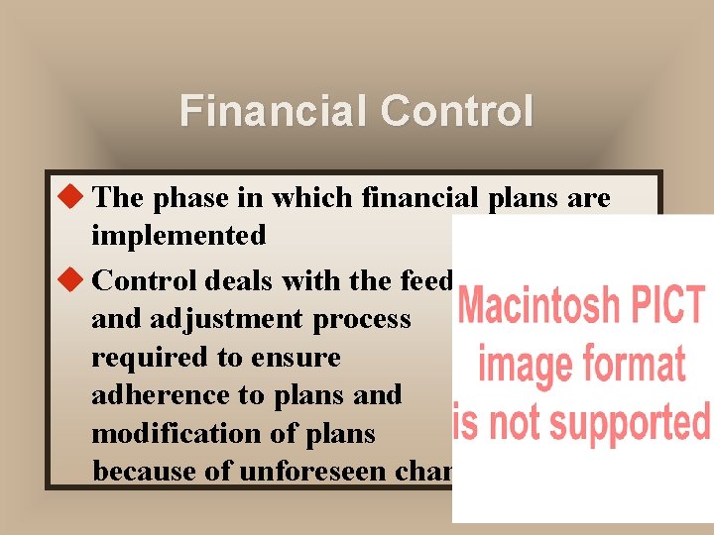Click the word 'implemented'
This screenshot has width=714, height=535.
point(178,236)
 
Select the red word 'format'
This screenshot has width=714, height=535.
point(634,365)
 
